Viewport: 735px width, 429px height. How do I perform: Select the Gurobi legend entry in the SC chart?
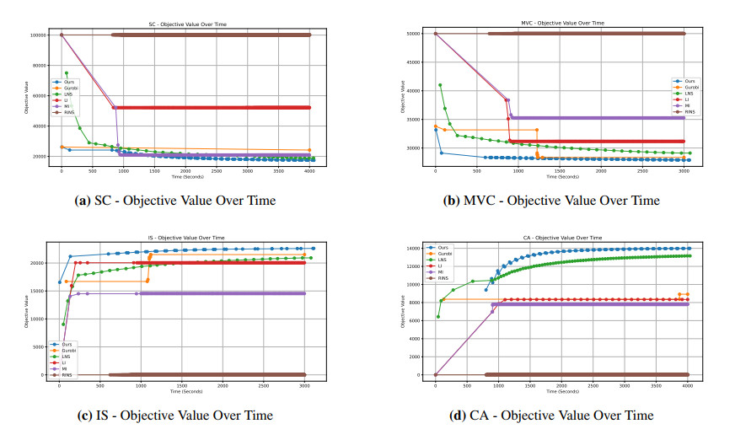coord(68,87)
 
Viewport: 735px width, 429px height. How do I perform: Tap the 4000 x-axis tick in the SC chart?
coord(309,171)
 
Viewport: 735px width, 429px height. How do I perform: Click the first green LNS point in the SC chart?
coord(67,73)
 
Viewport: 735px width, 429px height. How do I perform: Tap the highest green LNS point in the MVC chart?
coord(440,85)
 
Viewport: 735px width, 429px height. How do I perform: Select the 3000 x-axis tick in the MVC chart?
coord(684,171)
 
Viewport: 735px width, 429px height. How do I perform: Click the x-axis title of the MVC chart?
coord(560,177)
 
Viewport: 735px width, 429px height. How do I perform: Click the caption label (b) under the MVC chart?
coord(453,201)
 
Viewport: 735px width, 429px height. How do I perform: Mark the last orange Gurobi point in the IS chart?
coord(304,255)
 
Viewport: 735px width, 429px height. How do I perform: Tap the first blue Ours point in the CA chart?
coord(486,290)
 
